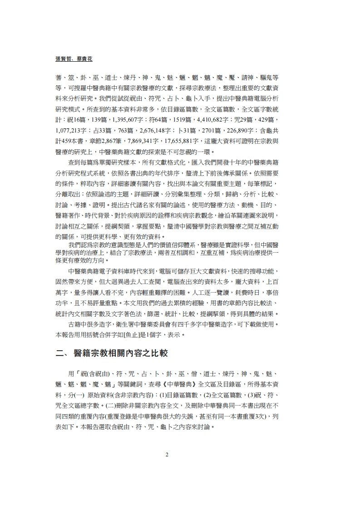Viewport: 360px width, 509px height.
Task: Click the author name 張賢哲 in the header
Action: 64,59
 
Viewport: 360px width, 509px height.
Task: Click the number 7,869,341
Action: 143,141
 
